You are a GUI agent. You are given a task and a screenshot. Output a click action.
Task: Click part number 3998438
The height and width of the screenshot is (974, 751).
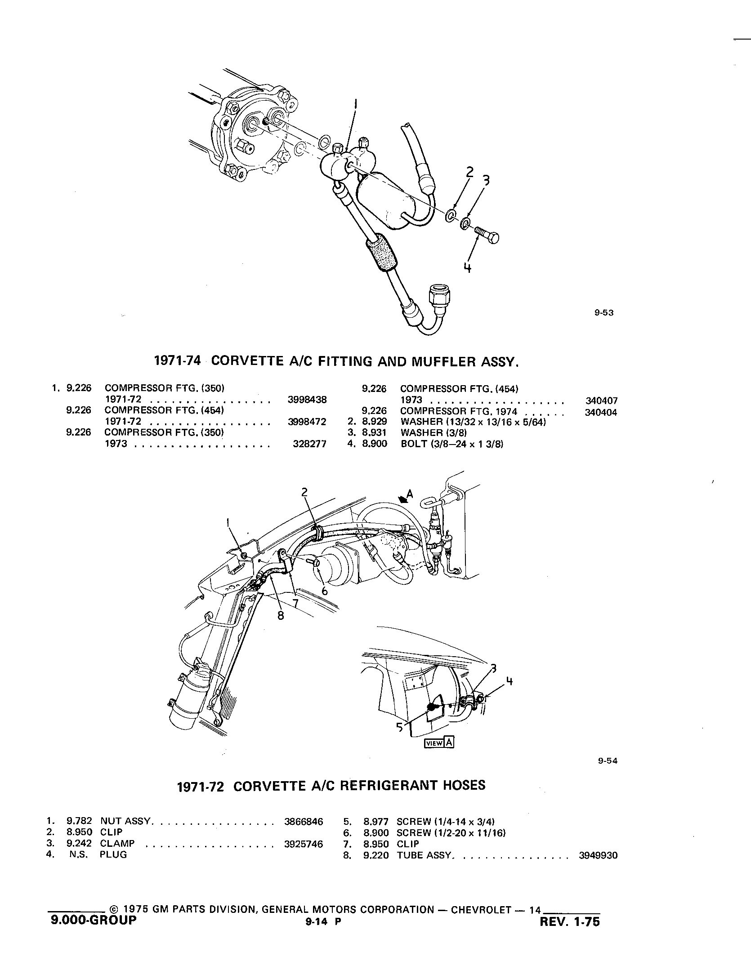pos(307,400)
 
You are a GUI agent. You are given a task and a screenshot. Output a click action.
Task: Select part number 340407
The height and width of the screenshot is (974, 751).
pos(601,400)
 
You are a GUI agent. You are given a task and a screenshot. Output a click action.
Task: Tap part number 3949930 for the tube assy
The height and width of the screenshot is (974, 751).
pos(598,855)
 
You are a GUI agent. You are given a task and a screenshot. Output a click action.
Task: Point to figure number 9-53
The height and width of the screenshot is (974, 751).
pos(603,313)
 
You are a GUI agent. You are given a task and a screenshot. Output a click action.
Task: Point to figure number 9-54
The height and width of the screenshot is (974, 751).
pos(608,761)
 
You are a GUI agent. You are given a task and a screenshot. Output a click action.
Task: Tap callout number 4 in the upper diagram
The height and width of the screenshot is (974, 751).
pos(468,268)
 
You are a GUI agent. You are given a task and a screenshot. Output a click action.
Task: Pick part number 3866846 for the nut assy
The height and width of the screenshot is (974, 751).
pos(304,822)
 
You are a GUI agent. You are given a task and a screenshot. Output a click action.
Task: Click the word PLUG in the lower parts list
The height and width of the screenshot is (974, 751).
pos(113,854)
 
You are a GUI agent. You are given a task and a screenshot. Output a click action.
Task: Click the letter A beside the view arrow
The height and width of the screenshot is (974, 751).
pos(409,495)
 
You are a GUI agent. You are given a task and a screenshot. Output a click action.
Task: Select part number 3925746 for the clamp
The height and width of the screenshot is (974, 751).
pos(304,844)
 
